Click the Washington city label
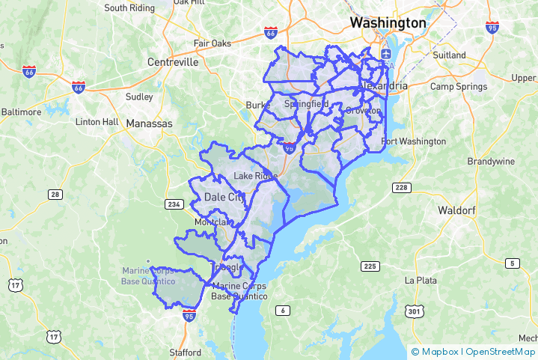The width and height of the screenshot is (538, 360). pyautogui.click(x=388, y=23)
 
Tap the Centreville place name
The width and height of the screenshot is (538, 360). pyautogui.click(x=173, y=62)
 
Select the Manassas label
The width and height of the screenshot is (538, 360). pyautogui.click(x=149, y=123)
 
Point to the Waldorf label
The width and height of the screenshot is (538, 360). pyautogui.click(x=456, y=210)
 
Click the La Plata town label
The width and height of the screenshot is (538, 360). pyautogui.click(x=421, y=280)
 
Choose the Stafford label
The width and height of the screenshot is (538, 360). pyautogui.click(x=185, y=352)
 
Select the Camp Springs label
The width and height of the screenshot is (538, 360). pyautogui.click(x=459, y=87)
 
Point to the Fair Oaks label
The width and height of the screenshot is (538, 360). pyautogui.click(x=213, y=43)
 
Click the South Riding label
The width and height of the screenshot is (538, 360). pyautogui.click(x=129, y=8)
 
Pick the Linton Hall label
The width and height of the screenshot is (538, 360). pyautogui.click(x=97, y=121)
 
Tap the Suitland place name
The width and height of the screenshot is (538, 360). pyautogui.click(x=449, y=55)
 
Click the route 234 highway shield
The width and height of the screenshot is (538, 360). pyautogui.click(x=173, y=204)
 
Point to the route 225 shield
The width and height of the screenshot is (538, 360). pyautogui.click(x=369, y=266)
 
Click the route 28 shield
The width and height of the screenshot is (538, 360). pyautogui.click(x=55, y=195)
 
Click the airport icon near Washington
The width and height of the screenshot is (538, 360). pyautogui.click(x=385, y=54)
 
